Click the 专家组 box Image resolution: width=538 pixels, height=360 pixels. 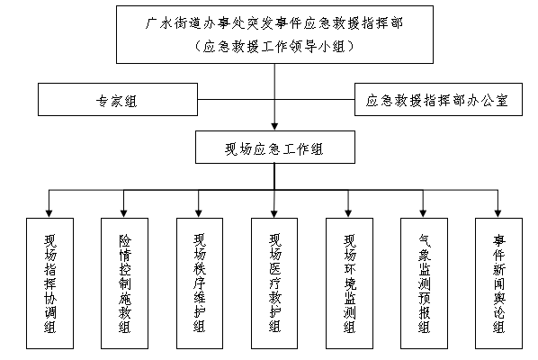(x=118, y=100)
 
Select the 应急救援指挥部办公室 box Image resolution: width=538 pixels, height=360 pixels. (x=438, y=100)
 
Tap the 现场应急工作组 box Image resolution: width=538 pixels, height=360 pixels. (x=275, y=147)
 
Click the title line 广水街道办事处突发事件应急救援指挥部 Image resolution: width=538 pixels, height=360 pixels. (x=274, y=23)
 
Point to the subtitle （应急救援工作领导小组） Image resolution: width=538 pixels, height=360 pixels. (x=274, y=46)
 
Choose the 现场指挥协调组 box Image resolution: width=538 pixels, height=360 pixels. (x=49, y=283)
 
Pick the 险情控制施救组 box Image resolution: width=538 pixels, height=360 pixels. (x=124, y=283)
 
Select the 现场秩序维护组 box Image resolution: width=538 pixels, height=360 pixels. (x=200, y=283)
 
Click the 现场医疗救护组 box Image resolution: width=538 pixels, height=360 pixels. (x=274, y=283)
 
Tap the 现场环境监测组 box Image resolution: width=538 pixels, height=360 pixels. (x=349, y=283)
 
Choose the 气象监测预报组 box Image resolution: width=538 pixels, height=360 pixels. (x=424, y=283)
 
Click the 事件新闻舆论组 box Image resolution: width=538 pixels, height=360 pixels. (x=499, y=283)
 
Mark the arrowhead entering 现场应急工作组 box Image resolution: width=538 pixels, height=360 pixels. (x=274, y=127)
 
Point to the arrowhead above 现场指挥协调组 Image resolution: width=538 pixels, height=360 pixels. (x=49, y=213)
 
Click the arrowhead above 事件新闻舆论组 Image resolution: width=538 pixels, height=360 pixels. (x=498, y=213)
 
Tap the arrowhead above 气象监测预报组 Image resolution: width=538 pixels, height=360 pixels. (x=423, y=213)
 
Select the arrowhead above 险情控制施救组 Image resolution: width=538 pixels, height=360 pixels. (x=124, y=213)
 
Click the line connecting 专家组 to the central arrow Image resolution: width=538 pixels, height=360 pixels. (x=236, y=100)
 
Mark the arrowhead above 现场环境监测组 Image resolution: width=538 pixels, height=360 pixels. (x=348, y=213)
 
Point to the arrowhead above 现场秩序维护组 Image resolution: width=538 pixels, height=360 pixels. (x=199, y=213)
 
